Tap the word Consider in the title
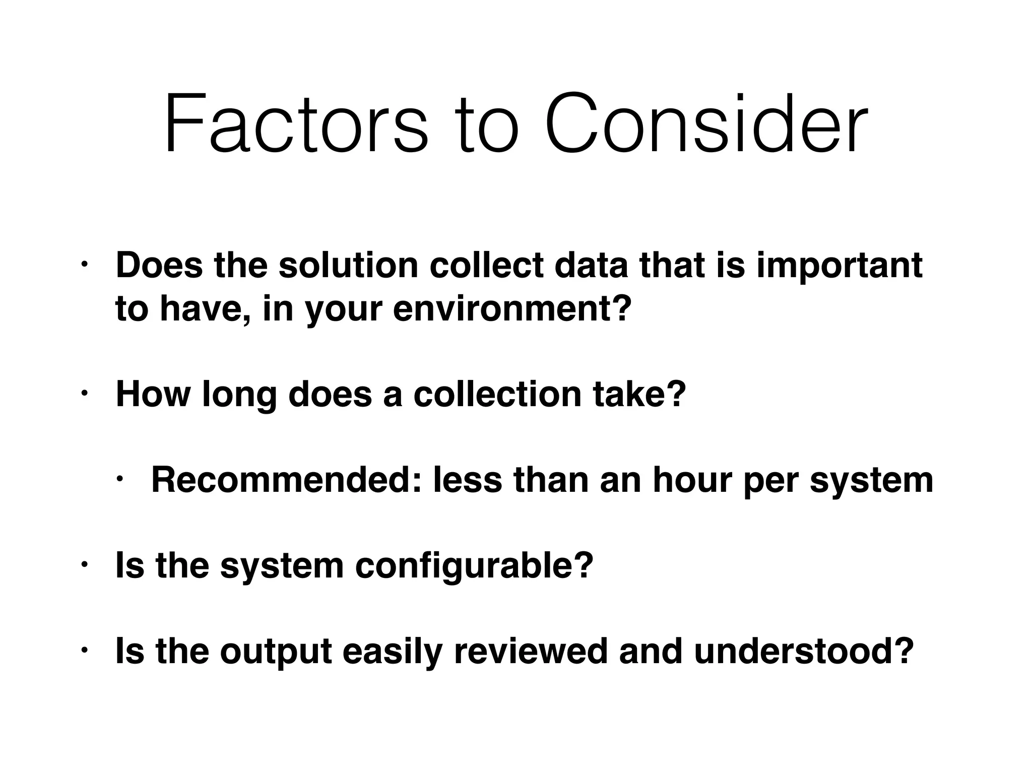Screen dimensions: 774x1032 point(706,123)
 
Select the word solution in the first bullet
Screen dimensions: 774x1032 point(348,265)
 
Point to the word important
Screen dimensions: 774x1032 point(839,266)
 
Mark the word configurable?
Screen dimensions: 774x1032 point(474,565)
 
